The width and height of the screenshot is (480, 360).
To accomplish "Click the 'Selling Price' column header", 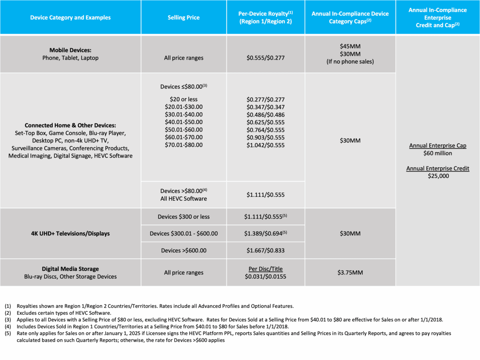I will pos(184,18).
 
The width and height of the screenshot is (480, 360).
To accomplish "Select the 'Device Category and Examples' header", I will pos(70,18).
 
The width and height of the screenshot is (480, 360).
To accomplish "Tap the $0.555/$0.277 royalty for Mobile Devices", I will pos(266,58).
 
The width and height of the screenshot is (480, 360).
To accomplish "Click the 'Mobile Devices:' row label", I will pos(70,50).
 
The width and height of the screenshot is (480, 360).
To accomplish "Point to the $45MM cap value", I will pos(350,47).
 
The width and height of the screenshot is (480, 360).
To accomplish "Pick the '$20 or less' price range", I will pos(184,99).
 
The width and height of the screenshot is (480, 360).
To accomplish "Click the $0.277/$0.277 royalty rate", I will pos(266,99).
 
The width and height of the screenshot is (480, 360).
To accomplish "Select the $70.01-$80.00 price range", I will pos(184,145).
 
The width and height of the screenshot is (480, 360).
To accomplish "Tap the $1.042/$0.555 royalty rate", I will pos(266,145).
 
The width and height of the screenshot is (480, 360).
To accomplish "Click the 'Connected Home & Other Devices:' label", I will pos(70,125).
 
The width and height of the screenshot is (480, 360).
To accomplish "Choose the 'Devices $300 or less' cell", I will pos(184,216).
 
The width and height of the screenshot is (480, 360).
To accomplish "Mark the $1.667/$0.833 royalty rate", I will pos(266,250).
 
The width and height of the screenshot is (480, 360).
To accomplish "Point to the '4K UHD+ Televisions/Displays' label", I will pos(70,233).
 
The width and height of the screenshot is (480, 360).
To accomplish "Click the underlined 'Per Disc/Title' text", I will pos(266,269).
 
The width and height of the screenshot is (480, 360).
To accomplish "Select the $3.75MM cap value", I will pos(350,273).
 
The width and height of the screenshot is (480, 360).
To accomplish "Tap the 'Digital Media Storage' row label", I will pos(70,269).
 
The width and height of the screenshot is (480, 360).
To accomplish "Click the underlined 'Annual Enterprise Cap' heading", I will pos(438,146).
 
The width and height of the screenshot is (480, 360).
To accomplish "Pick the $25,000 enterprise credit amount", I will pos(438,176).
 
